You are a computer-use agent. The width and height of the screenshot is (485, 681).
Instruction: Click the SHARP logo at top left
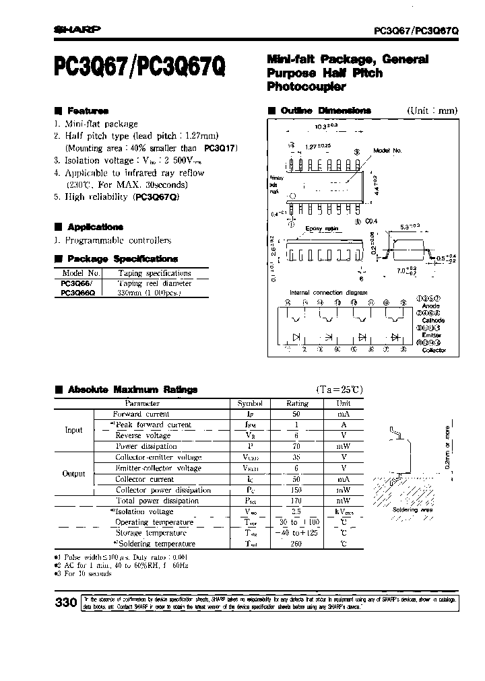76,29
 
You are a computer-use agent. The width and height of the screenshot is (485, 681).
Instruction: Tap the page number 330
65,604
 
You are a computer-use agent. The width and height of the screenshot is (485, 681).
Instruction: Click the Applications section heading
94,227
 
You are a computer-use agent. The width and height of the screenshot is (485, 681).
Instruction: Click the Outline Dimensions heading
325,110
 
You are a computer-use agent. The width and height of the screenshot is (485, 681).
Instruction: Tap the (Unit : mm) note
432,110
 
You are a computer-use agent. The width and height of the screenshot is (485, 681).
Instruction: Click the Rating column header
297,403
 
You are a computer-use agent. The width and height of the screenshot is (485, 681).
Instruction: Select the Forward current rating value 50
297,414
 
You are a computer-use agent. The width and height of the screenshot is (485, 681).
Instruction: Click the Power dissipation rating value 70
297,446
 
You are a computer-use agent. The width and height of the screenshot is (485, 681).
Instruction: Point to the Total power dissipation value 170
297,501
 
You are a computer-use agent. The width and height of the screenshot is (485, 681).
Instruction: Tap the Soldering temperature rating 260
297,544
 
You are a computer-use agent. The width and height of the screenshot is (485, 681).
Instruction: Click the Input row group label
73,430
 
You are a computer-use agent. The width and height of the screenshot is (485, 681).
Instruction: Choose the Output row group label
73,474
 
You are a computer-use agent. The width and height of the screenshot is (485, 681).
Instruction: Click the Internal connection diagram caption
329,293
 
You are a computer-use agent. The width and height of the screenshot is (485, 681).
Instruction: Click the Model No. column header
81,273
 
